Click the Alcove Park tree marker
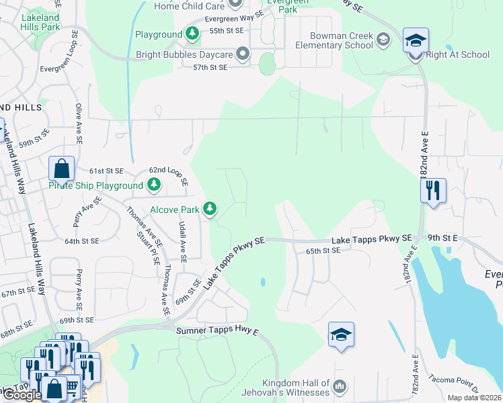point(210,210)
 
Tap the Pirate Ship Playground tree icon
point(155,184)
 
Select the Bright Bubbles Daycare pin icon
point(243,54)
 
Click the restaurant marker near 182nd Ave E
point(432,190)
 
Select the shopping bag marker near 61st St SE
point(61,169)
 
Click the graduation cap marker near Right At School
point(416,41)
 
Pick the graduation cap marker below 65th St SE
point(341,334)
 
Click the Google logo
point(22,395)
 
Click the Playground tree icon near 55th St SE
point(192,34)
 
